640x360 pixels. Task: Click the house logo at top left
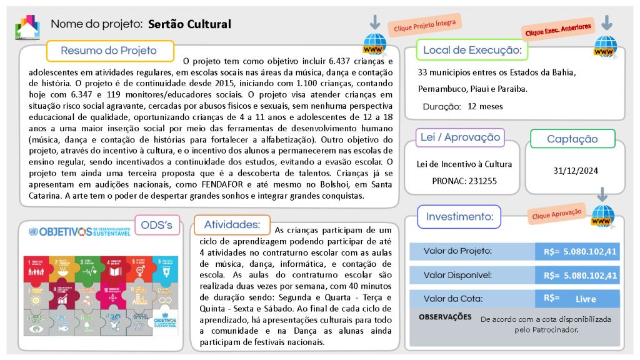point(27,26)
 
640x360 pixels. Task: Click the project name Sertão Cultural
point(190,24)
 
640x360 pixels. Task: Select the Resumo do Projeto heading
point(109,51)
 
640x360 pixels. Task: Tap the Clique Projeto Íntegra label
point(425,26)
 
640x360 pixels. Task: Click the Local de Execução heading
point(472,50)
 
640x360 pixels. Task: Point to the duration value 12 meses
point(485,106)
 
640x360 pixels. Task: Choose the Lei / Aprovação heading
point(460,137)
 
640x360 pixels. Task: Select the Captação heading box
point(572,139)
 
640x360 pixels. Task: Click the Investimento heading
point(459,217)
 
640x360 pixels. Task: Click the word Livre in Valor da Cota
point(586,299)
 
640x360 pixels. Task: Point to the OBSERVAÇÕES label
point(445,317)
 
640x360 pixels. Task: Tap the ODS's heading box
point(157,225)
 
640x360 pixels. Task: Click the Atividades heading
point(232,224)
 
